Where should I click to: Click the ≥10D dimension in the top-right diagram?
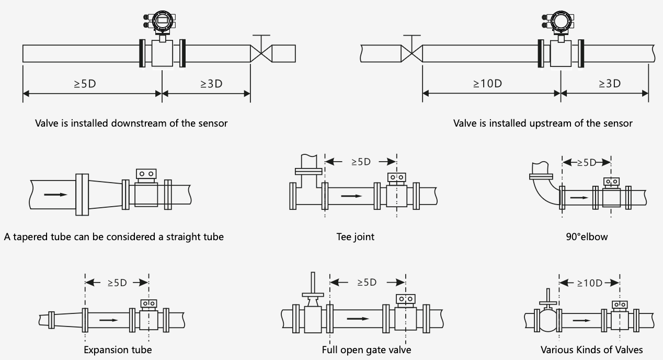(487, 83)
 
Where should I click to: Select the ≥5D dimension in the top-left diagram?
(85, 83)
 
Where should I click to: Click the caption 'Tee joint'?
(355, 237)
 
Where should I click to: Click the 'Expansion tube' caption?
(118, 350)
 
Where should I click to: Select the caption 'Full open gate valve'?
(367, 350)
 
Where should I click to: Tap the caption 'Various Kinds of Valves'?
(592, 350)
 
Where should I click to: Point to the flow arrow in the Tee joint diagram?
(351, 196)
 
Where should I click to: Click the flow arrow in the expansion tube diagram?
(108, 319)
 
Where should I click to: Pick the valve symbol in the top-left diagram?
(261, 52)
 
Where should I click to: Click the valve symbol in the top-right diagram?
(411, 53)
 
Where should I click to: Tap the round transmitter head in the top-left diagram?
(162, 21)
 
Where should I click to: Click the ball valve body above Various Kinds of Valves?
(547, 318)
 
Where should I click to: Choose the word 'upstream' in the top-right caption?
(547, 123)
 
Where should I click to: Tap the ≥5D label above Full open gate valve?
(367, 282)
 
